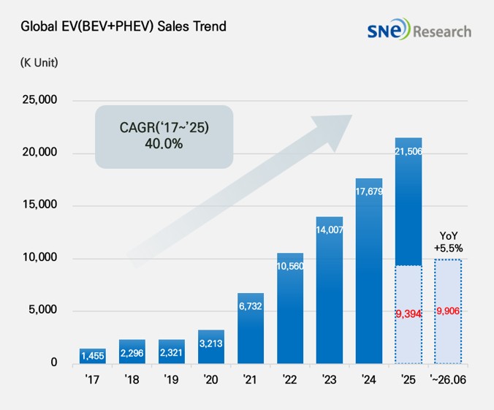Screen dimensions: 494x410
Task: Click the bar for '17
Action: tap(93, 356)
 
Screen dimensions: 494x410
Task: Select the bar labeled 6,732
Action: tap(251, 328)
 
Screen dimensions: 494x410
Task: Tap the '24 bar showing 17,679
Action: tap(369, 271)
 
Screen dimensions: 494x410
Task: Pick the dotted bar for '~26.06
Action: tap(448, 311)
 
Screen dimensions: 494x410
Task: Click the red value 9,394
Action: tap(408, 314)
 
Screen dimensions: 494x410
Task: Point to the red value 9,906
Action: tap(448, 311)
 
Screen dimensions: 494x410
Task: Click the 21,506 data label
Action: tap(408, 151)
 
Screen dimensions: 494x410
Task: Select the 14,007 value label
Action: tap(330, 229)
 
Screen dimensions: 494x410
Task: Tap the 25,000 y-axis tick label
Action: tap(39, 99)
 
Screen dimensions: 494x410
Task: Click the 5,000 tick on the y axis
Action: tap(43, 309)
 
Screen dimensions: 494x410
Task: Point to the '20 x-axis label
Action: tap(210, 379)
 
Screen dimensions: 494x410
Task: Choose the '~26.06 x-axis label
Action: tap(448, 379)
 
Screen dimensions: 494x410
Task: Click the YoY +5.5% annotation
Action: tap(448, 242)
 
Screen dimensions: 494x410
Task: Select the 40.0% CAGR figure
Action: tap(164, 144)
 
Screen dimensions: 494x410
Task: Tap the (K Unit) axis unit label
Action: tap(39, 62)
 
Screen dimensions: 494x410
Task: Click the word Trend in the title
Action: tap(210, 26)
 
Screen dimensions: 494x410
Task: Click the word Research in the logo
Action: tap(442, 31)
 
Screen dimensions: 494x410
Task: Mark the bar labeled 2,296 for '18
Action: tap(132, 352)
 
